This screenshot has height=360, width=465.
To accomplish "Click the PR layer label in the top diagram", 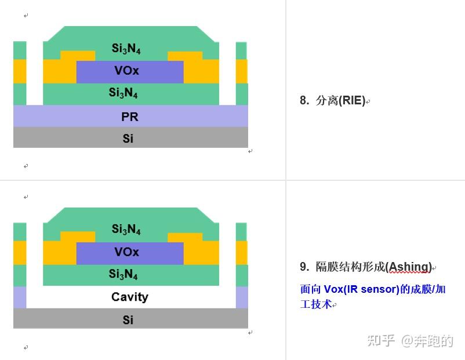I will (x=130, y=117).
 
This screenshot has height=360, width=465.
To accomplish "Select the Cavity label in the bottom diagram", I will (x=130, y=297).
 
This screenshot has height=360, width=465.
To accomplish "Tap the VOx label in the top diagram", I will (x=126, y=71).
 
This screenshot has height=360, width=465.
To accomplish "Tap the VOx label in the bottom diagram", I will (x=126, y=252).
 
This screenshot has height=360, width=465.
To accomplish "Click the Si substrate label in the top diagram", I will (x=128, y=139).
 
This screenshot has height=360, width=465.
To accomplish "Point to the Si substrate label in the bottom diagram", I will (x=128, y=319).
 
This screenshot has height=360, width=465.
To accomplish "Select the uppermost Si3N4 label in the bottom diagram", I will (x=126, y=230).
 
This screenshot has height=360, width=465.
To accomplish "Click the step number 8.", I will (x=304, y=101).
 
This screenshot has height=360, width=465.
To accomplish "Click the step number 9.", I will (x=304, y=267).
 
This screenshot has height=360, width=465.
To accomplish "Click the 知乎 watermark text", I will (x=381, y=341).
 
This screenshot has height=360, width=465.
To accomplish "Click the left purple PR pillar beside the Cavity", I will (x=20, y=297).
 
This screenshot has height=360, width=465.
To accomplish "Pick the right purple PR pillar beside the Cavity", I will (x=242, y=297).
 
